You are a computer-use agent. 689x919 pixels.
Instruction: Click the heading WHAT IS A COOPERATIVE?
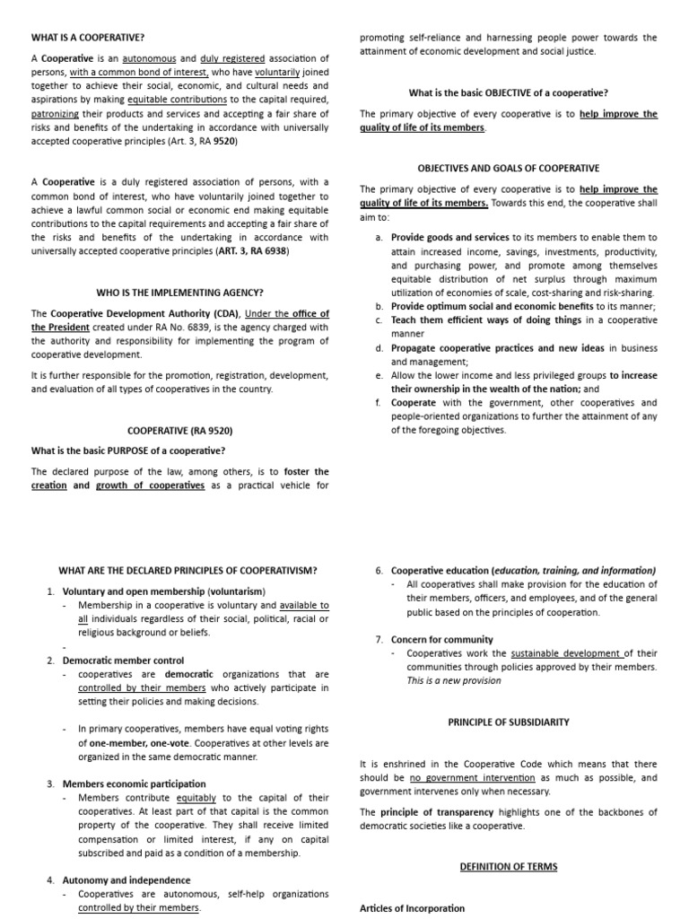[x=88, y=37]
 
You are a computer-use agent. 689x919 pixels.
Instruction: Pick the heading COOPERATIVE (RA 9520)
[x=180, y=430]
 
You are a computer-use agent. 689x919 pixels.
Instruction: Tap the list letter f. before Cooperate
[x=379, y=403]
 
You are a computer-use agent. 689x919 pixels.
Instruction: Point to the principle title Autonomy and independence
[x=126, y=880]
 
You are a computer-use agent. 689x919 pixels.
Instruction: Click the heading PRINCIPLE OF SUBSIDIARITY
[x=508, y=722]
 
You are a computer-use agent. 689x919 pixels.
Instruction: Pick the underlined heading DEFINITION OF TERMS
[x=509, y=866]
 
